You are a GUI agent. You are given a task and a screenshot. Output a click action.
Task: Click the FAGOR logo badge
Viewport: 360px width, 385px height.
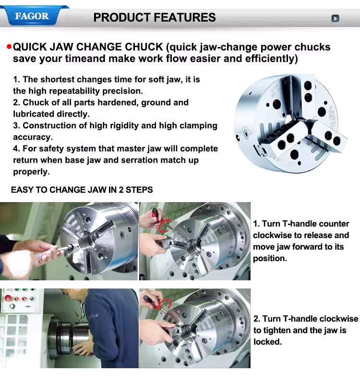(x=32, y=16)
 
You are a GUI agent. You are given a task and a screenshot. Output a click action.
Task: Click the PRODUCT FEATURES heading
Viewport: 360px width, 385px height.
(x=155, y=17)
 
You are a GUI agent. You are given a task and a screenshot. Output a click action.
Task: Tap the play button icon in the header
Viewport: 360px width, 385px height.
(x=335, y=18)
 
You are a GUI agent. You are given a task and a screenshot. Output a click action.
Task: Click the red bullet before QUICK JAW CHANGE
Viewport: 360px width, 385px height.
(x=9, y=47)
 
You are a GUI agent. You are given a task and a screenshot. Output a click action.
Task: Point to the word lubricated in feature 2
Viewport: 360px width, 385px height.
(x=34, y=114)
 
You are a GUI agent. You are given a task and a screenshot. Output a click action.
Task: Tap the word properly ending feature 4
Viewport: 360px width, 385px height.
(x=31, y=172)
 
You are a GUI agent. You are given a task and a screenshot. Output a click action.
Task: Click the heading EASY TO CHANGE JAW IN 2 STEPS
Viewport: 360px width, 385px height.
(x=82, y=190)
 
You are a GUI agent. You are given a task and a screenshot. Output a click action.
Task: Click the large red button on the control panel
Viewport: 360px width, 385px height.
(x=8, y=299)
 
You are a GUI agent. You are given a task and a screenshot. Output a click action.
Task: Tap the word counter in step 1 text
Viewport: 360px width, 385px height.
(x=335, y=224)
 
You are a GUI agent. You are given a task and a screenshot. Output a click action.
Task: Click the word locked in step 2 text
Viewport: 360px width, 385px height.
(x=267, y=341)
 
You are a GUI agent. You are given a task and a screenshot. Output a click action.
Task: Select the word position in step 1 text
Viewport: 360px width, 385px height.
(x=270, y=258)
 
